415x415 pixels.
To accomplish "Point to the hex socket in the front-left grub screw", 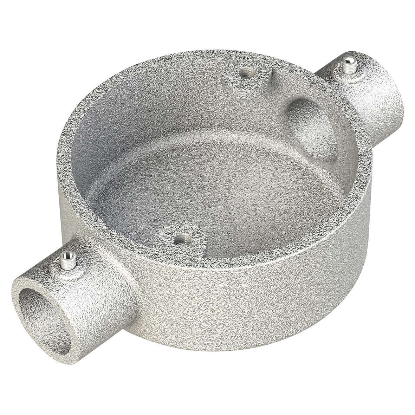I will (x=65, y=254).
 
